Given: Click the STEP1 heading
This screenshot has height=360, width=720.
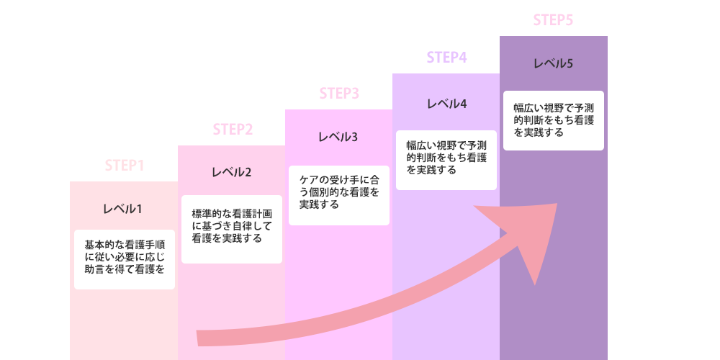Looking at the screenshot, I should pyautogui.click(x=125, y=166).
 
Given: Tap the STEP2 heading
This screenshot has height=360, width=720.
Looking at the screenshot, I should pyautogui.click(x=233, y=130).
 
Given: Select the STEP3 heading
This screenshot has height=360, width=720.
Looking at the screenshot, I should pyautogui.click(x=339, y=94).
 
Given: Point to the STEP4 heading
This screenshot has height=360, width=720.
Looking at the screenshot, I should pyautogui.click(x=446, y=58).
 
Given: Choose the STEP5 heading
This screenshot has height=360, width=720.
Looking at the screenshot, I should pyautogui.click(x=553, y=20).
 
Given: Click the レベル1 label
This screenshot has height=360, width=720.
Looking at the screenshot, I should pyautogui.click(x=122, y=209).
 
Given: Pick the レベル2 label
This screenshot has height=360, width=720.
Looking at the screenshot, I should pyautogui.click(x=231, y=173).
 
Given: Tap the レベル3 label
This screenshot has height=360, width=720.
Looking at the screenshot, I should pyautogui.click(x=338, y=137).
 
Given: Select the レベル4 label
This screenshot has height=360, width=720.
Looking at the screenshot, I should pyautogui.click(x=446, y=104).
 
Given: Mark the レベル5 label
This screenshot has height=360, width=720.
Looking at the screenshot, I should pyautogui.click(x=553, y=63).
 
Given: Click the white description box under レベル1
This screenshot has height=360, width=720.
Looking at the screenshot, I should pyautogui.click(x=125, y=259).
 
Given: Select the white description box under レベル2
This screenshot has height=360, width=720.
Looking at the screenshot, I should pyautogui.click(x=231, y=229).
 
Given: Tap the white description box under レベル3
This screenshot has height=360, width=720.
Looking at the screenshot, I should pyautogui.click(x=339, y=195).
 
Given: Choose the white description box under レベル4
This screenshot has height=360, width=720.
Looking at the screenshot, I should pyautogui.click(x=446, y=160).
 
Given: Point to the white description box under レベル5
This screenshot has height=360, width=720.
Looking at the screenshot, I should pyautogui.click(x=553, y=121).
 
